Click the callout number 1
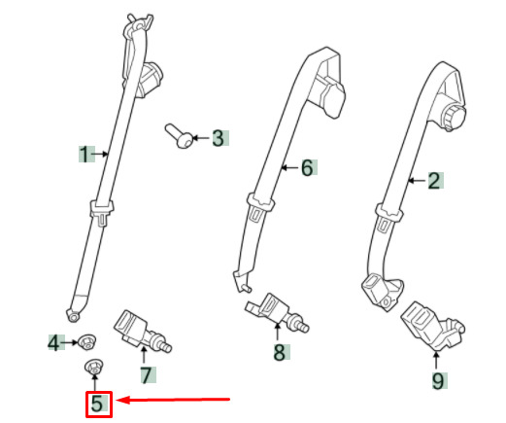coord(84,155)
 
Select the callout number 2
coord(434,181)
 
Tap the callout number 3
coord(219,138)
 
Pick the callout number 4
coord(53,342)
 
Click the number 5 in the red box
coord(97,404)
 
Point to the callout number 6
coord(307,167)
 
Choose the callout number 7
coord(147,375)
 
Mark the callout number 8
coord(280,352)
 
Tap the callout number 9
coord(438,381)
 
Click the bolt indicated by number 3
coord(179,136)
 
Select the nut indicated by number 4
coord(86,342)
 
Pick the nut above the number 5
coord(93,367)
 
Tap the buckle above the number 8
coord(278,312)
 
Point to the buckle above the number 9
coord(432,327)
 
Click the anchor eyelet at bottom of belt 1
coord(74,314)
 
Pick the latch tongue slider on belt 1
coord(102,212)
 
